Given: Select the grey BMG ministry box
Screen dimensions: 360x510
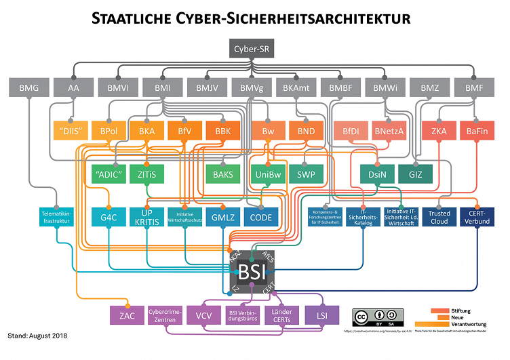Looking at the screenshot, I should (x=28, y=87).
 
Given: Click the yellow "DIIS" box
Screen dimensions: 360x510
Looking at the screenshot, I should (x=71, y=131).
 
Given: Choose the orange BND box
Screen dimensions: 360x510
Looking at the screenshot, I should (x=307, y=131).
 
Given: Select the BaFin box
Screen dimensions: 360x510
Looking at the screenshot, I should (x=478, y=131).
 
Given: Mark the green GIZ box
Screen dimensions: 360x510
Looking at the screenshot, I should (x=415, y=174).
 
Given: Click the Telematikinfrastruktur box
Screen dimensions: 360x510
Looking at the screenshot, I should (x=56, y=217).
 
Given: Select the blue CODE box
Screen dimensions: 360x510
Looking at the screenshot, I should (x=261, y=217).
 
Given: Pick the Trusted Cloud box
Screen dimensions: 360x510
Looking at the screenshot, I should (x=439, y=217).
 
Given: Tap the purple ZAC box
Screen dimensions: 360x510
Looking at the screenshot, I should (x=126, y=315).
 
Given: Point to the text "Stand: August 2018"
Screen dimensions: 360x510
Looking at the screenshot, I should (x=38, y=336).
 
